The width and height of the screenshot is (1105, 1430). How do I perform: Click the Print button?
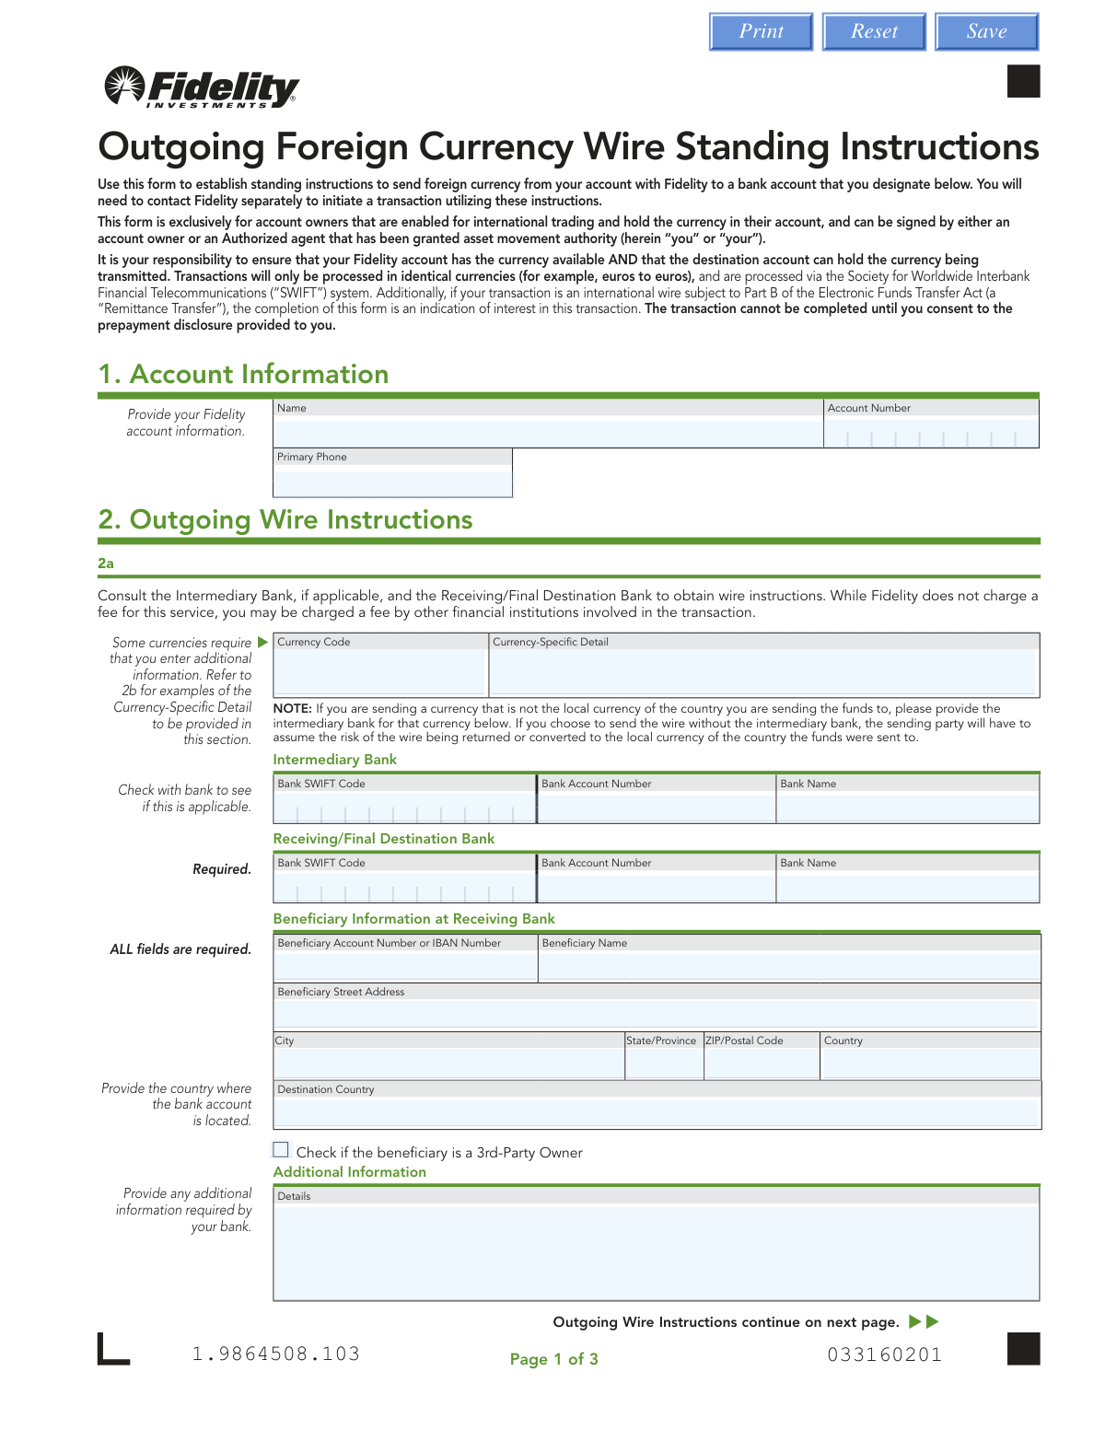click(x=761, y=32)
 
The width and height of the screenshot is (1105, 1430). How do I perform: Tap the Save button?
click(x=986, y=32)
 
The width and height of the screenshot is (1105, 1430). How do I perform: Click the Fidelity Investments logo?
click(x=203, y=87)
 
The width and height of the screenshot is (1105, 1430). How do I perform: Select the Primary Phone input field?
click(x=392, y=482)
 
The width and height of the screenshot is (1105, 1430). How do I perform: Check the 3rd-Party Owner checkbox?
click(x=281, y=1149)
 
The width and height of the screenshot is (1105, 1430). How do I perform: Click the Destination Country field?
click(x=657, y=1112)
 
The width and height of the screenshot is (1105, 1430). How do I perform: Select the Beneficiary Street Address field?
click(x=657, y=1014)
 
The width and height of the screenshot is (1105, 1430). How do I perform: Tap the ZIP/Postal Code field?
click(x=762, y=1064)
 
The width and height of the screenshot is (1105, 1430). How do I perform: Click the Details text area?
click(x=657, y=1250)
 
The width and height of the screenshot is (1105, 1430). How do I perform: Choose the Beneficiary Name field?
click(x=789, y=966)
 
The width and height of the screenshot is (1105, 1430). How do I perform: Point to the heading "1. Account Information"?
click(x=243, y=375)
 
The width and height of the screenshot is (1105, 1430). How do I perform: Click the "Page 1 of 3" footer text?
click(x=554, y=1359)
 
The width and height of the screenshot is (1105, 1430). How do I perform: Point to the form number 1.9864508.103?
click(x=275, y=1354)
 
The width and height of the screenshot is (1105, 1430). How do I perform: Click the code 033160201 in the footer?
click(x=884, y=1354)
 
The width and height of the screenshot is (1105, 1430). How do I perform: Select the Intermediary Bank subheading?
click(x=335, y=760)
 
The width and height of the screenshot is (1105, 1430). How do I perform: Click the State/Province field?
click(x=664, y=1064)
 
